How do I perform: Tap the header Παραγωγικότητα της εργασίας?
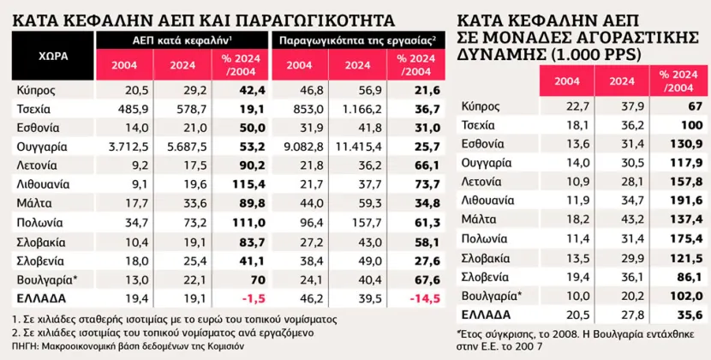point(355,39)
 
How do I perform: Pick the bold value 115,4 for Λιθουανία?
point(242,184)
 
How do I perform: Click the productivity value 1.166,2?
point(357,109)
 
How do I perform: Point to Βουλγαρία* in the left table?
point(43,279)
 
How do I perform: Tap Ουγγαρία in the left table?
point(40,147)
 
